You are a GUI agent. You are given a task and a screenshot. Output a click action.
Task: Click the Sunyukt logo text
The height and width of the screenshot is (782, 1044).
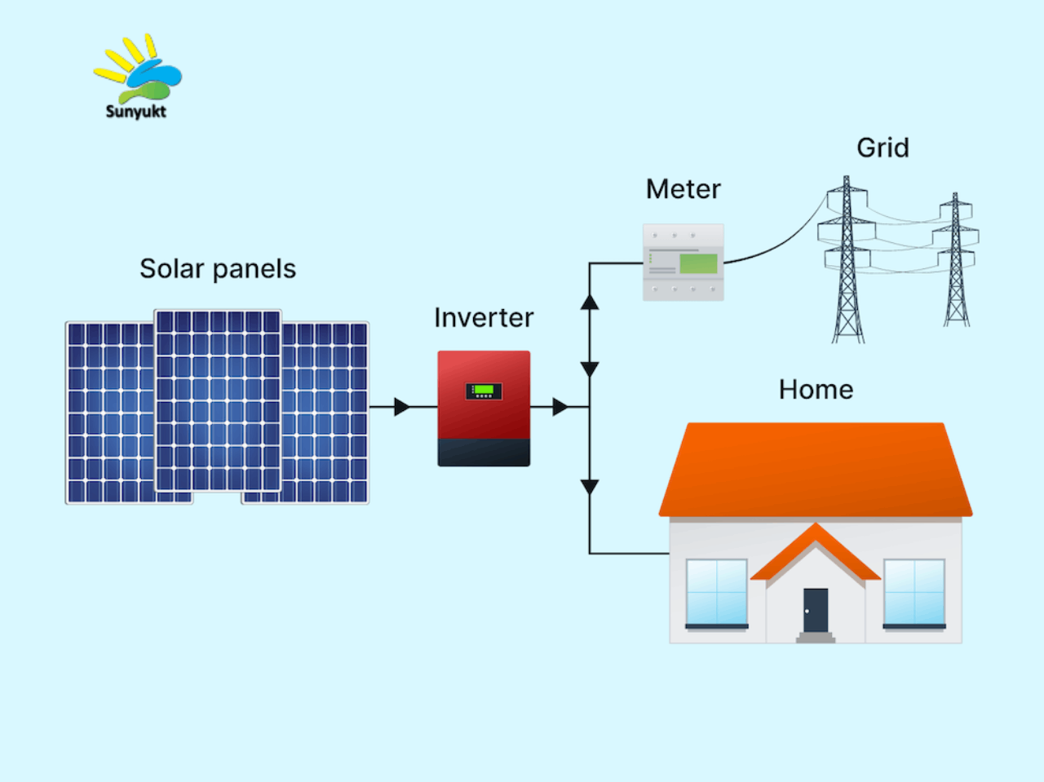pos(135,112)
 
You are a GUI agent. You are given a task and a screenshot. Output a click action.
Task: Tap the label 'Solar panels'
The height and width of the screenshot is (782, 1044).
pos(218,269)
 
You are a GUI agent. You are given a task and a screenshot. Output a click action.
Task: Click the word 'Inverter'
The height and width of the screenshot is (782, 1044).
pos(484,317)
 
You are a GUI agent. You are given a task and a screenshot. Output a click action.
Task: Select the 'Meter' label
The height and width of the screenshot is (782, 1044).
pos(683,189)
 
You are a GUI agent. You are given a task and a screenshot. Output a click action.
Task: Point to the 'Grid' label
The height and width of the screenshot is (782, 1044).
pos(883,148)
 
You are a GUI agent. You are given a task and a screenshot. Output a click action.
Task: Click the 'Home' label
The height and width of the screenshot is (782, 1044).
pos(816,390)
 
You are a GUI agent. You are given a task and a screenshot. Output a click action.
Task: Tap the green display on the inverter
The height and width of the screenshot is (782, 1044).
pos(484,389)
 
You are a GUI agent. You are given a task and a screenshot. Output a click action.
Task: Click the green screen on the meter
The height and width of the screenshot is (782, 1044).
pos(698,263)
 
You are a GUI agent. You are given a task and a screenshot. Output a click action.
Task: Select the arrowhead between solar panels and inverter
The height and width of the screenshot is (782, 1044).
pos(402,407)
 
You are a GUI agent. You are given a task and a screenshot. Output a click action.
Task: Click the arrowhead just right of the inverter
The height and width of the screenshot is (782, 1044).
pos(560,407)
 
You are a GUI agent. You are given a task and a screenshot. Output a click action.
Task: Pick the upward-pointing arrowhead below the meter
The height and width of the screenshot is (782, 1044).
pos(590,303)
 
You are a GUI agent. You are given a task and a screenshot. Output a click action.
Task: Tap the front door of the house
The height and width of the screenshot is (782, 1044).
pos(816,611)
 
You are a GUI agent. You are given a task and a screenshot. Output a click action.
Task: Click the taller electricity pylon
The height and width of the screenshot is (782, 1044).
pos(847,259)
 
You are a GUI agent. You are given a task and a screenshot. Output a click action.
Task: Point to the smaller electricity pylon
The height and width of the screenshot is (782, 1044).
pos(956,259)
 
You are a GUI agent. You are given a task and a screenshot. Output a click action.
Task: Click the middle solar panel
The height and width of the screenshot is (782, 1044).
pos(218,400)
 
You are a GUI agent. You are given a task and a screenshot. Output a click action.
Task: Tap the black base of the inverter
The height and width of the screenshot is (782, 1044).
pos(484,452)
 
